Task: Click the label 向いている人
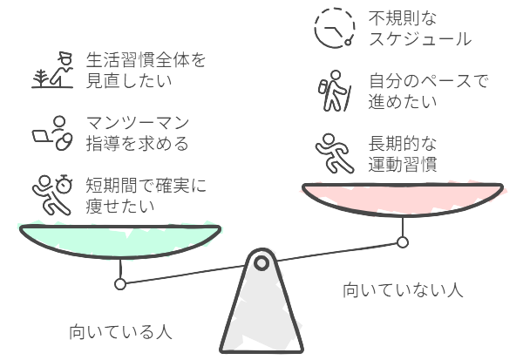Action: click(120, 331)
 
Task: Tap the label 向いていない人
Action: click(403, 289)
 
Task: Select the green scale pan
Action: click(120, 241)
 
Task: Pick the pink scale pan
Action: click(403, 200)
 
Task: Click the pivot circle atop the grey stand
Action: click(261, 263)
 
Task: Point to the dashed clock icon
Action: click(335, 28)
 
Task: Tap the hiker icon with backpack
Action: click(334, 91)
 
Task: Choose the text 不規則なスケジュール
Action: click(420, 29)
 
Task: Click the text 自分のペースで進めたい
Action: click(428, 91)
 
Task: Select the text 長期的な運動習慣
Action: click(403, 153)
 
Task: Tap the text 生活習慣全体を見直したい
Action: click(146, 70)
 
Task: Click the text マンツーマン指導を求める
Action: click(138, 132)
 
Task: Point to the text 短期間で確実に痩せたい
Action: click(146, 195)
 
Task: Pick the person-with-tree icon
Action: click(52, 70)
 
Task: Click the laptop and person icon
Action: click(52, 132)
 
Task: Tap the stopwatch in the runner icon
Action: click(64, 184)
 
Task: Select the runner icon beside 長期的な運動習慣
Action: click(335, 153)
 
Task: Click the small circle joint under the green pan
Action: click(120, 284)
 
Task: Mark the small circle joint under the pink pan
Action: click(403, 242)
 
